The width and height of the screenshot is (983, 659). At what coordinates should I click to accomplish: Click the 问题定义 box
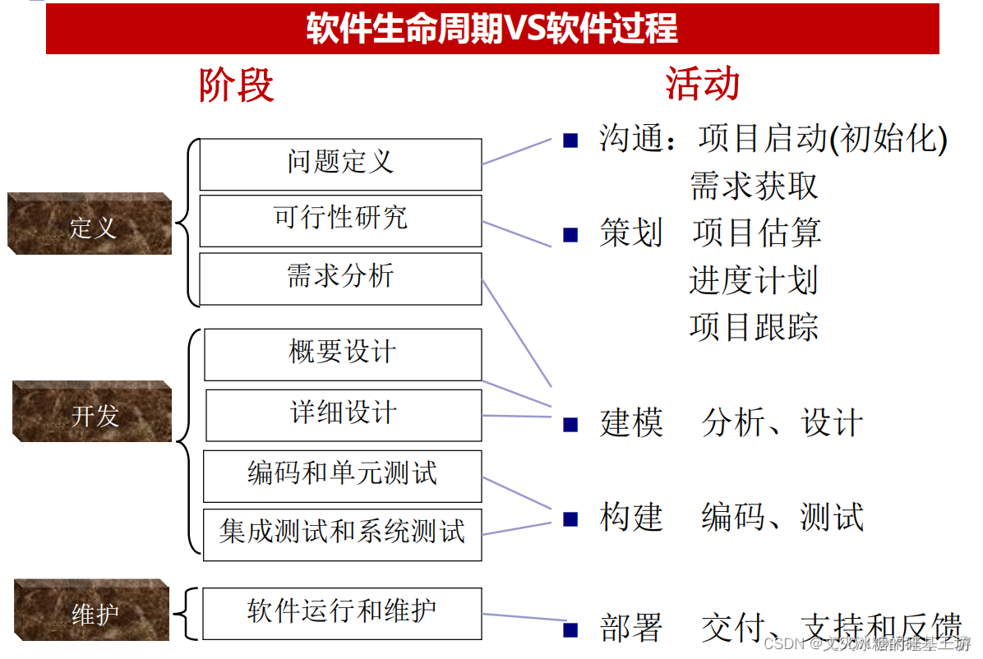click(x=340, y=164)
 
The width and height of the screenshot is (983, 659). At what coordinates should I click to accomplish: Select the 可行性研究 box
click(x=340, y=220)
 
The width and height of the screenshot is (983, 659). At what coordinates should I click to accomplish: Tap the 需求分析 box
click(x=340, y=278)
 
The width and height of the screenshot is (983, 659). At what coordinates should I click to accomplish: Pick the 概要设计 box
click(x=343, y=354)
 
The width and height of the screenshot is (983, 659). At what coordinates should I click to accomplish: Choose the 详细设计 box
click(x=344, y=415)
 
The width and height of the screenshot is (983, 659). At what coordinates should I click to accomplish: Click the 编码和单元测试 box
click(x=342, y=476)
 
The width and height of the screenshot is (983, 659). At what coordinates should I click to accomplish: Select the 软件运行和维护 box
click(x=342, y=613)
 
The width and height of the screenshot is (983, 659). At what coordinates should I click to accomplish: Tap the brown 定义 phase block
click(x=90, y=225)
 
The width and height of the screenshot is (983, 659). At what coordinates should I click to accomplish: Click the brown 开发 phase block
click(x=93, y=412)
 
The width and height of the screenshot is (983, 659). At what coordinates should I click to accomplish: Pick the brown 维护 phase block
click(x=92, y=611)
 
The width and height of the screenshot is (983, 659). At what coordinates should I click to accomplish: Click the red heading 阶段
click(x=237, y=85)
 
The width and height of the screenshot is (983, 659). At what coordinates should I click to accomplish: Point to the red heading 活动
click(x=703, y=85)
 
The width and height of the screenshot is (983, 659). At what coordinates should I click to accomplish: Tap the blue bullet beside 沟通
click(x=570, y=141)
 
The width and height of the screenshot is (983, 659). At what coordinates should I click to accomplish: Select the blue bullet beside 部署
click(x=570, y=630)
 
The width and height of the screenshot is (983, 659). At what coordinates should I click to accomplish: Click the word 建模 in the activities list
click(x=631, y=424)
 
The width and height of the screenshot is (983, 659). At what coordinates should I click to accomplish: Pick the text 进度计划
click(x=754, y=281)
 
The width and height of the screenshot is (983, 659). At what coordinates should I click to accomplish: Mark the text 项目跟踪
click(x=754, y=327)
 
